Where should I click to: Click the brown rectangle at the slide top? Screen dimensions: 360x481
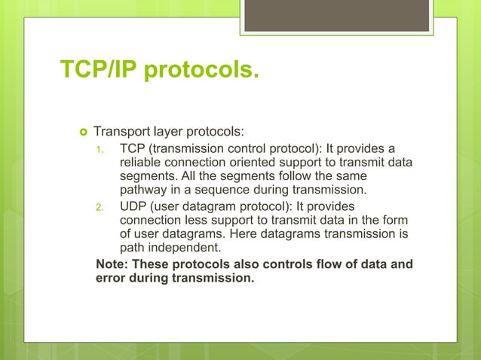click(336, 15)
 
